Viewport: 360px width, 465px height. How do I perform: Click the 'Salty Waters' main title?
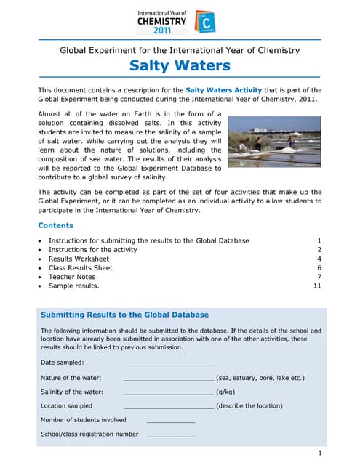coord(180,67)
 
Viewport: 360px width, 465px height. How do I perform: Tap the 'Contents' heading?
coord(55,225)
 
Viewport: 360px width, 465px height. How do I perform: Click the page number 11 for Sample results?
coord(317,286)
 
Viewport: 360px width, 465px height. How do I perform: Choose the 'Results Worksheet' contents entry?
coord(79,259)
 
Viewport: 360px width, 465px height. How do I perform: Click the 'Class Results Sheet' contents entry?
coord(80,268)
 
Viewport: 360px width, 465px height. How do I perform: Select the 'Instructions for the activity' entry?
coord(92,249)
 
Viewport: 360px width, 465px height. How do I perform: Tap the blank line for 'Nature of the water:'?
coord(169,378)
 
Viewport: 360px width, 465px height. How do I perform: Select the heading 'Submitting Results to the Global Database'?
coord(124,315)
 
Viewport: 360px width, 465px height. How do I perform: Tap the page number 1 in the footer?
coord(319,453)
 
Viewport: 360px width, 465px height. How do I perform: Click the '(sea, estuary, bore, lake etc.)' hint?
coord(260,378)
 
